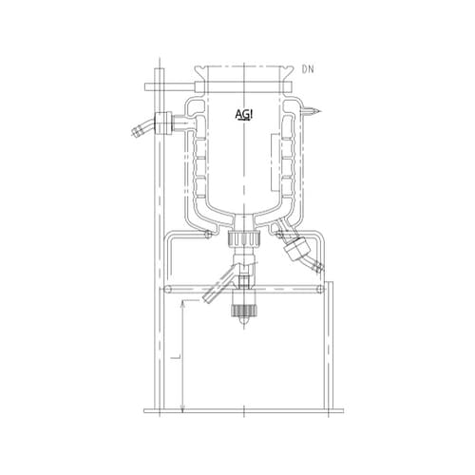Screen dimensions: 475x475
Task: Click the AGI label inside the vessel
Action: pos(244,114)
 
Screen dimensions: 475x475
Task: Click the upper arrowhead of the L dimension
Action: pos(181,303)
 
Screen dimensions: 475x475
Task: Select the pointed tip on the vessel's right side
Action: pos(317,112)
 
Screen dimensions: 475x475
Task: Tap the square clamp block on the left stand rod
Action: pos(158,87)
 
